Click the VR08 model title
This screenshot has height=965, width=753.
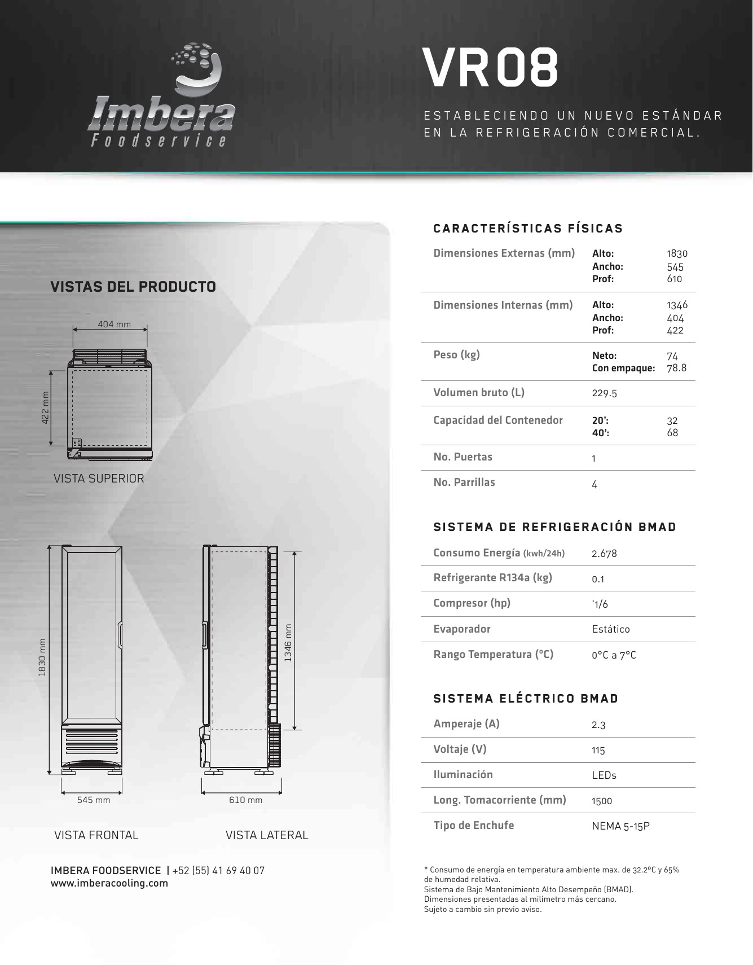tap(490, 68)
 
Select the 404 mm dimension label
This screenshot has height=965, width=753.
tap(114, 324)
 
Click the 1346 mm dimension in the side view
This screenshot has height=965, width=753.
tap(288, 643)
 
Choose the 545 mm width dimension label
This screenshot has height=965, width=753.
tap(94, 800)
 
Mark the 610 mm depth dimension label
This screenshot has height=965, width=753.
tap(245, 800)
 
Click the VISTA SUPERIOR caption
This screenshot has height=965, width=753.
tap(99, 479)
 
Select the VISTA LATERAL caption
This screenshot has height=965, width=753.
tap(267, 835)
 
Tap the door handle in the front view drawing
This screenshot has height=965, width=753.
tap(119, 636)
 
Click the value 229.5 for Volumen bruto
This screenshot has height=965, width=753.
tap(604, 393)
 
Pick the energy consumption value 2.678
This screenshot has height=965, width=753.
tap(604, 554)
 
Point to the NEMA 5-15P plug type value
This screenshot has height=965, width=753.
tap(620, 826)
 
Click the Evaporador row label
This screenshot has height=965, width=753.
tap(462, 629)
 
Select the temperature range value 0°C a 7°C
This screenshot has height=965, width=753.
tap(614, 655)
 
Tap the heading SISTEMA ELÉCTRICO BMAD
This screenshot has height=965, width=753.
tap(526, 699)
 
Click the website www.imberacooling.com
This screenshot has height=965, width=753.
tap(109, 884)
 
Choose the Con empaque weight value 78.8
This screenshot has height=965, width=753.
tap(676, 369)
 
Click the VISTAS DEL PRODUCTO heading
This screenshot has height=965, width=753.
tap(133, 287)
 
